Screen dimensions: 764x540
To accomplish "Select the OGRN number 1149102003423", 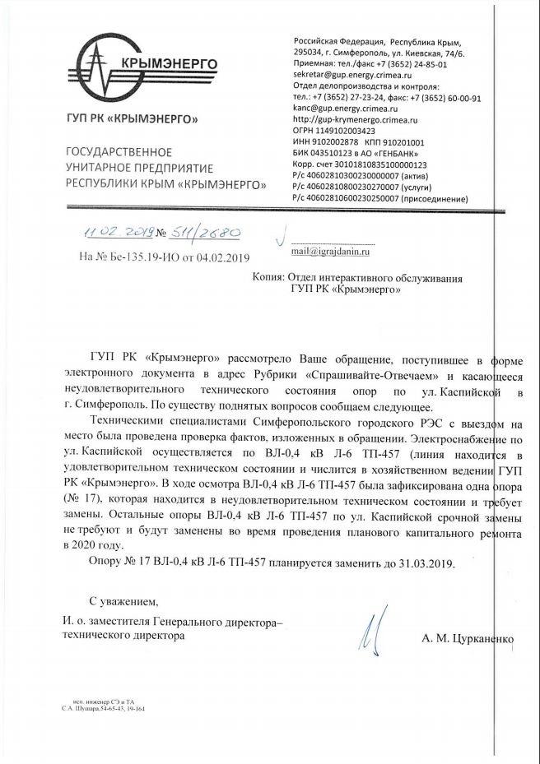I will tap(334, 130).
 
